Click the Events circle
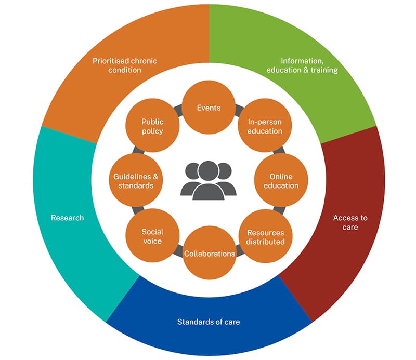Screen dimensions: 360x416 click(x=209, y=108)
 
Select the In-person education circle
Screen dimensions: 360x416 click(x=265, y=126)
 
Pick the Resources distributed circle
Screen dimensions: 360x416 click(x=265, y=237)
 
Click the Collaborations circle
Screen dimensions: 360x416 click(x=209, y=254)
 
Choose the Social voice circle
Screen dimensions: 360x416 click(x=152, y=236)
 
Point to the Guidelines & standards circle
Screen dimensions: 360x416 click(x=136, y=181)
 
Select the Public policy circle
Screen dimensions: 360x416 click(x=152, y=126)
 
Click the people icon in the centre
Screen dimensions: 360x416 click(x=208, y=180)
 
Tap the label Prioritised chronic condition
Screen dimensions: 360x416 click(x=125, y=65)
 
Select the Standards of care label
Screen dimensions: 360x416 click(x=209, y=322)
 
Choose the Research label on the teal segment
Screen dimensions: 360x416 click(x=67, y=218)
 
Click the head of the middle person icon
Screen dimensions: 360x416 click(x=208, y=170)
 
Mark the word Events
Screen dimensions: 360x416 click(x=209, y=108)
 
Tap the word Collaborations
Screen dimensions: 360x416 click(x=209, y=254)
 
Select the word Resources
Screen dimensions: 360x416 click(x=265, y=232)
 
